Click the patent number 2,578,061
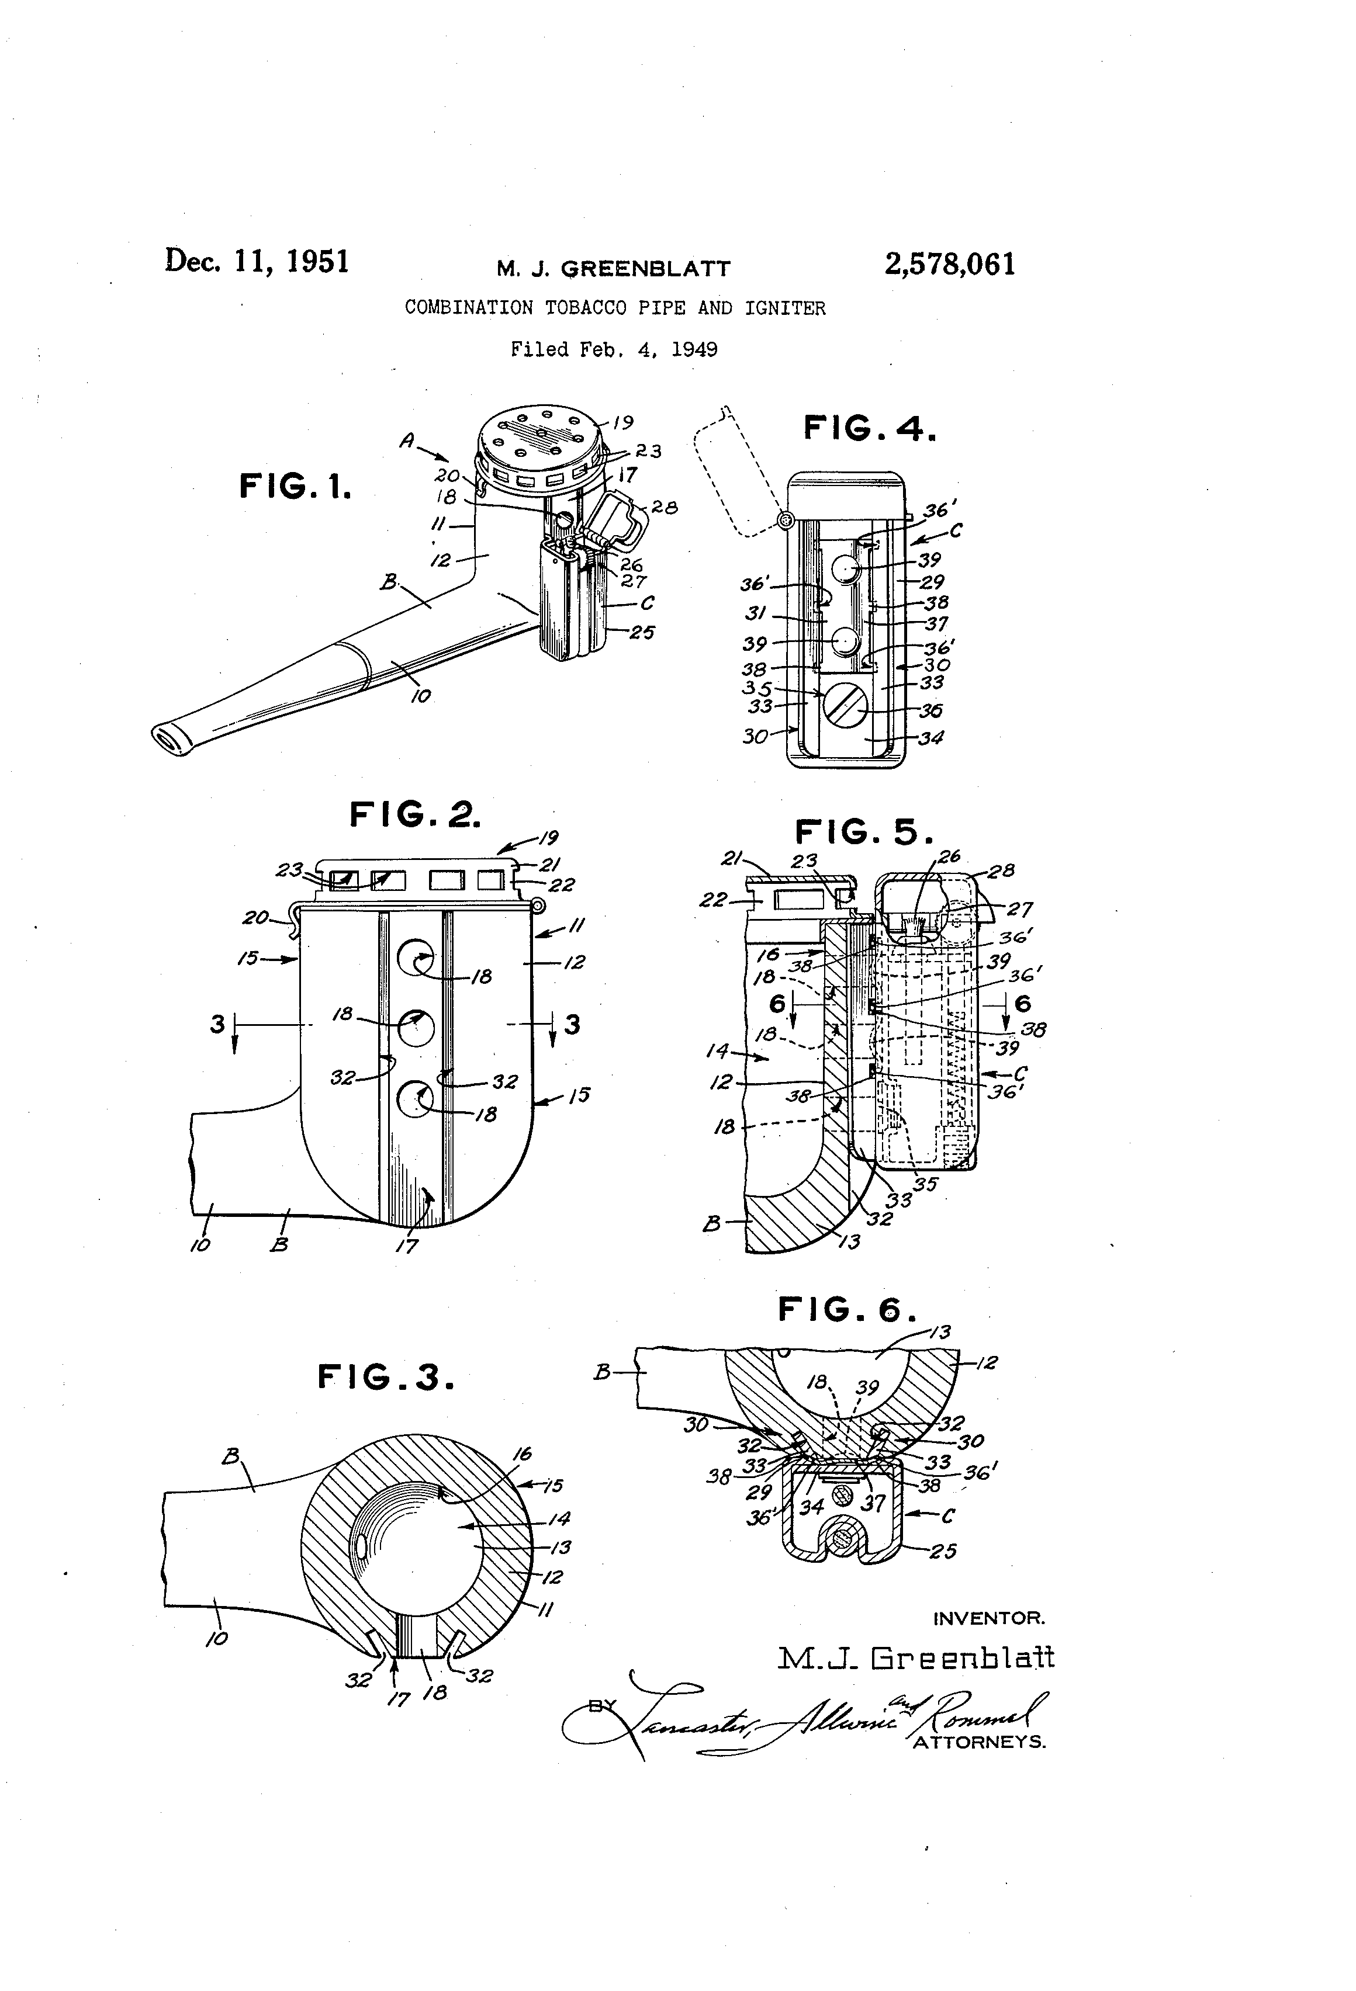[x=950, y=264]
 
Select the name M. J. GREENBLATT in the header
[x=613, y=269]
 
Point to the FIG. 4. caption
[x=869, y=428]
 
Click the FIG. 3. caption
[x=386, y=1378]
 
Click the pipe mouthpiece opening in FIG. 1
[x=167, y=740]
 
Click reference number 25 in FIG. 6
[x=943, y=1551]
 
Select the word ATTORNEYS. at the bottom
[x=979, y=1742]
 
